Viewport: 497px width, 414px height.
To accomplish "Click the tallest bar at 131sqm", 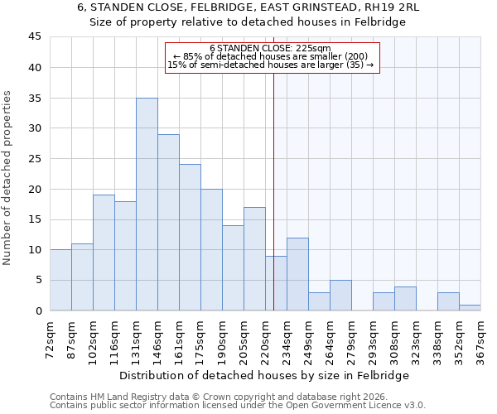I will (147, 205).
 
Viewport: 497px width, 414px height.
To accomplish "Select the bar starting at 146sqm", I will (168, 223).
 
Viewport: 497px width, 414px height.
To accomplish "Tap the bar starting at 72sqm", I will (60, 280).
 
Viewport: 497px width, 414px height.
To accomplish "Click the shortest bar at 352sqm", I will (470, 307).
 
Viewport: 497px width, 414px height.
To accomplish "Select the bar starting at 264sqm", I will (340, 296).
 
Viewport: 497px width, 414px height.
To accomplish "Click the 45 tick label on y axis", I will (34, 37).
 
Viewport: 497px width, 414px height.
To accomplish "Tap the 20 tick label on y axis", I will (34, 189).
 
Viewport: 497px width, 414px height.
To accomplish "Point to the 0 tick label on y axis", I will (37, 310).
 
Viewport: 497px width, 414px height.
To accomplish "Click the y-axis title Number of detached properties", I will (8, 178).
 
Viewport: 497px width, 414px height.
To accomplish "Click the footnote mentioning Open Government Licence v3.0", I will (237, 405).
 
